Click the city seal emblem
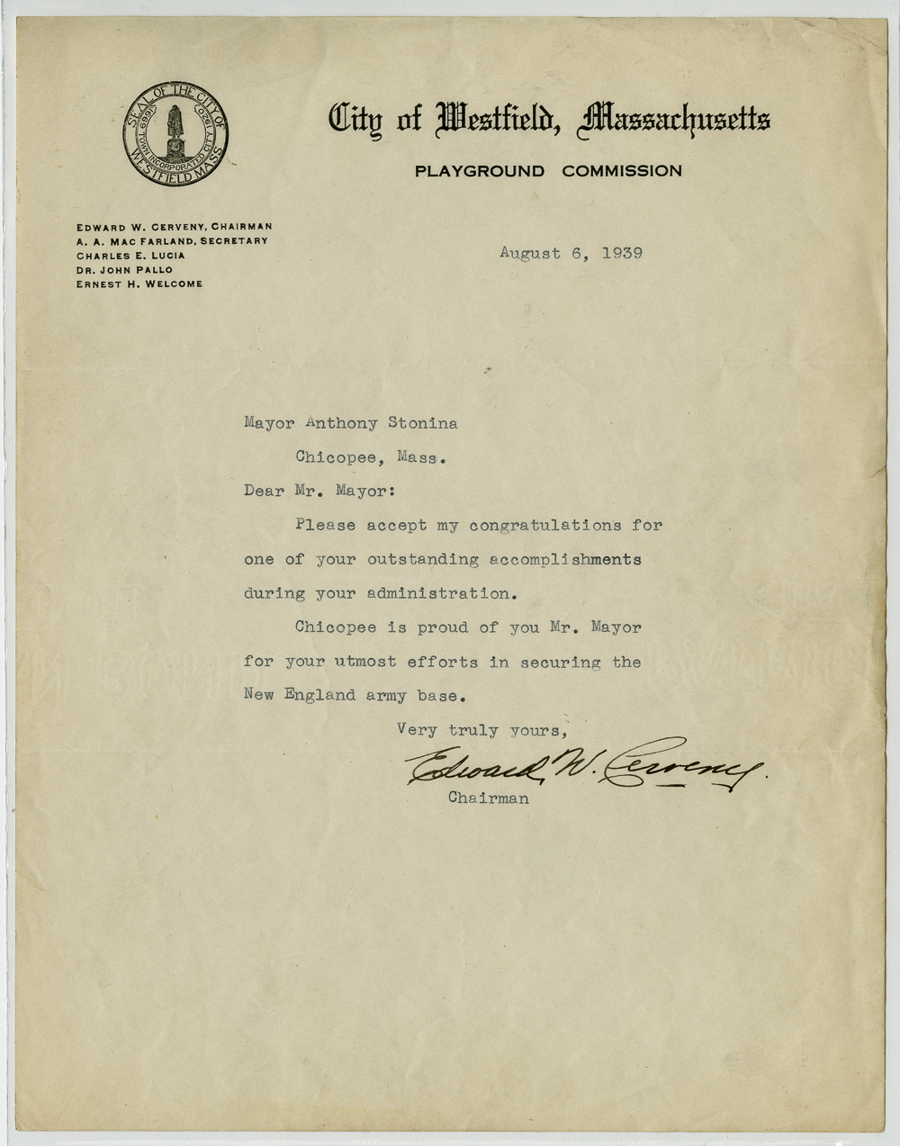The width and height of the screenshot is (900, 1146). click(x=175, y=133)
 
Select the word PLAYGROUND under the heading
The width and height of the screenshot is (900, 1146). click(x=479, y=171)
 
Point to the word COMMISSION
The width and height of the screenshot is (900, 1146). click(x=622, y=171)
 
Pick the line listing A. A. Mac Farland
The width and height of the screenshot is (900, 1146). click(x=172, y=241)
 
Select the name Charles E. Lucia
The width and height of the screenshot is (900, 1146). click(x=130, y=256)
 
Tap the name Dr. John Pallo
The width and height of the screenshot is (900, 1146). click(x=124, y=269)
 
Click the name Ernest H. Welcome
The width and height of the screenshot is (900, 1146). click(x=139, y=284)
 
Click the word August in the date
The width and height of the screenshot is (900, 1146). click(x=530, y=254)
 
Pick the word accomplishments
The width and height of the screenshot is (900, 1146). click(x=565, y=560)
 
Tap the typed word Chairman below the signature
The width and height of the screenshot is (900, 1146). click(x=488, y=799)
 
